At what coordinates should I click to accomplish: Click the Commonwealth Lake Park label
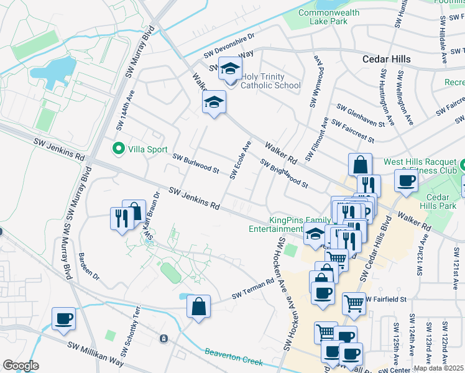pyautogui.click(x=329, y=17)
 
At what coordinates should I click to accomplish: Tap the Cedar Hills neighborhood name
pyautogui.click(x=387, y=58)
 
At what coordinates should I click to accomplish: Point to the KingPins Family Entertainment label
pyautogui.click(x=300, y=224)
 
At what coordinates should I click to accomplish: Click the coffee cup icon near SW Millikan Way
pyautogui.click(x=63, y=319)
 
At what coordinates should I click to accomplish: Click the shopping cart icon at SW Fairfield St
pyautogui.click(x=354, y=303)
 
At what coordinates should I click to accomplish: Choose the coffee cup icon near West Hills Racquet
pyautogui.click(x=406, y=181)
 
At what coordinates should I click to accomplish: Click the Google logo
pyautogui.click(x=21, y=366)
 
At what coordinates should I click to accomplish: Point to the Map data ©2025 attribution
pyautogui.click(x=439, y=368)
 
